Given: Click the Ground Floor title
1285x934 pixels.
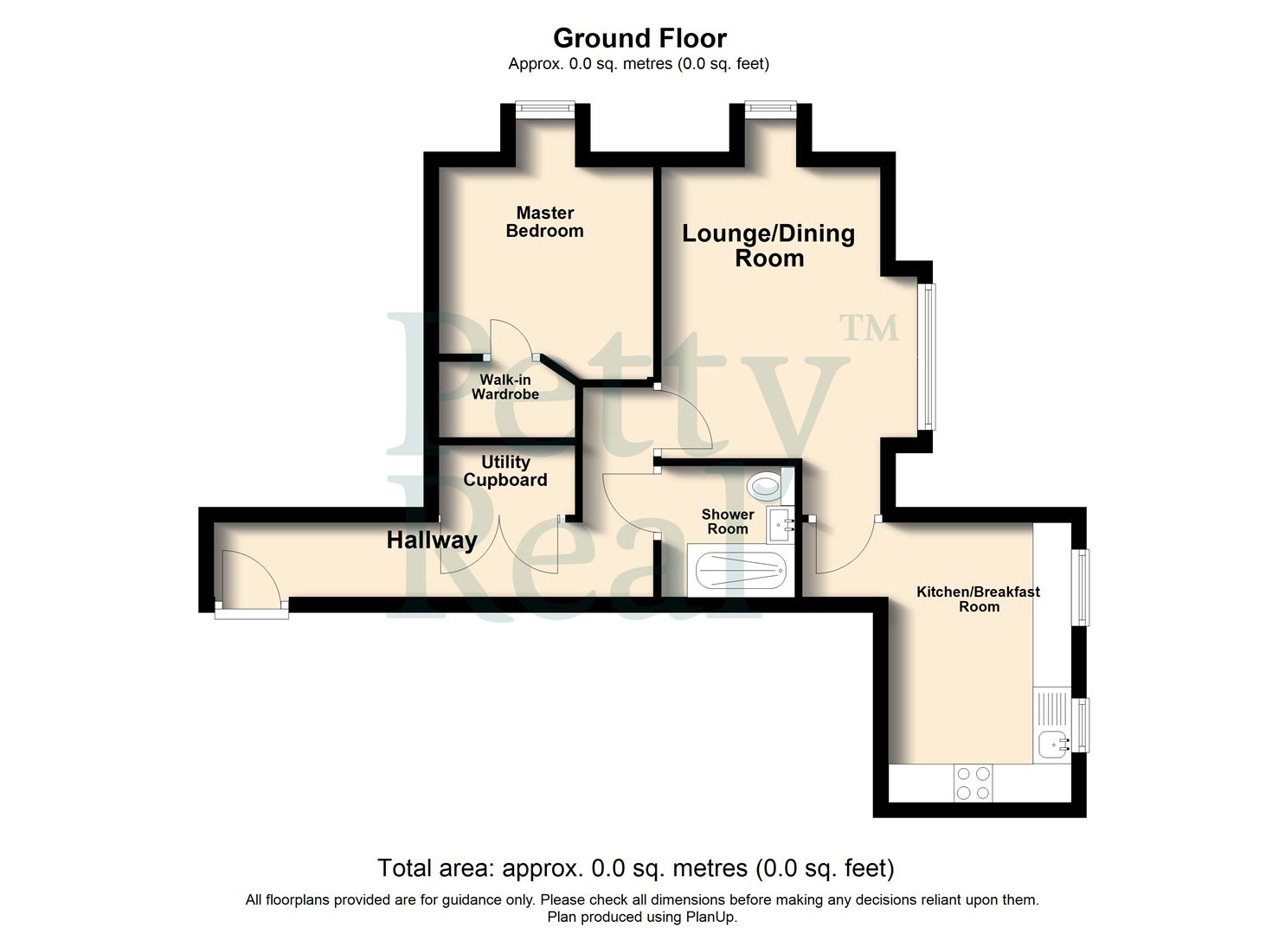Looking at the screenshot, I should tap(639, 38).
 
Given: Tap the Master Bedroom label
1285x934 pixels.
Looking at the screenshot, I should tap(544, 222).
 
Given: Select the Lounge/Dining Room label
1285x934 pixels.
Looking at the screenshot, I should tap(768, 246).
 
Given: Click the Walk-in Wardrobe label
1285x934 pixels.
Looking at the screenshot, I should tap(505, 387).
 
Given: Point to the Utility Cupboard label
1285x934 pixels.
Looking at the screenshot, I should tap(505, 471).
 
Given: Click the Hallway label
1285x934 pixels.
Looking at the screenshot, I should tap(432, 541).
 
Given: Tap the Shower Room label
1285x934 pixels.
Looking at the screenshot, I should tap(727, 521).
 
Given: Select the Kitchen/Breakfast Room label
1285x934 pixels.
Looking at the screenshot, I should tap(978, 598).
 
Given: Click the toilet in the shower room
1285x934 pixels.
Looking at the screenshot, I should tap(764, 485).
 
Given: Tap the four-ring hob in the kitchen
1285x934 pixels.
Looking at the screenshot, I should tap(973, 784).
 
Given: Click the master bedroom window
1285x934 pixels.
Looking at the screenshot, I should tap(544, 107).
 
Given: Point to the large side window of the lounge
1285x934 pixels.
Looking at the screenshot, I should tap(927, 356).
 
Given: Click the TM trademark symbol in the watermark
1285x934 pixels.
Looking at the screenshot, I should tap(869, 328).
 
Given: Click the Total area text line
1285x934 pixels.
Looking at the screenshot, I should tap(635, 867).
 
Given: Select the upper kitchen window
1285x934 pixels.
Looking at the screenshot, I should tap(1082, 586).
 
